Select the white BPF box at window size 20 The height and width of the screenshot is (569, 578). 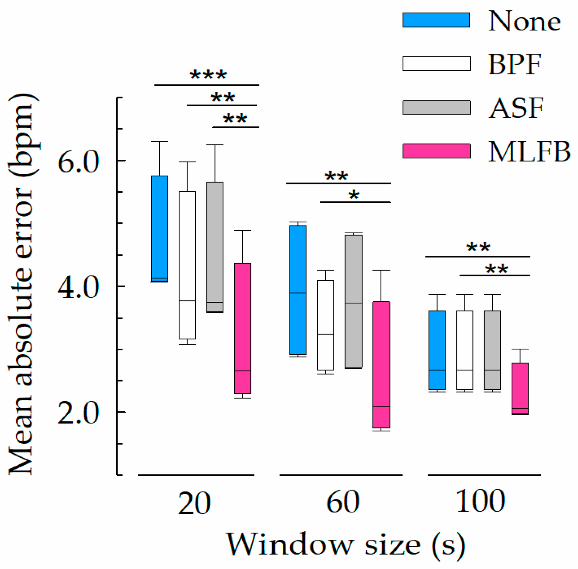click(187, 265)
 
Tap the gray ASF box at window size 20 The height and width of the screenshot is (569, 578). click(215, 247)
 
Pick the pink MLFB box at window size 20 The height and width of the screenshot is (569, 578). click(242, 328)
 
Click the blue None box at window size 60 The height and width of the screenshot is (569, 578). click(298, 290)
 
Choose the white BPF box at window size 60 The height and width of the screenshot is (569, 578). click(325, 325)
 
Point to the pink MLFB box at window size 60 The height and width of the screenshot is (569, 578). click(381, 365)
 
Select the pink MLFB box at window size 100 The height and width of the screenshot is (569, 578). click(520, 388)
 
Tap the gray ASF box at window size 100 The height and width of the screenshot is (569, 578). click(492, 350)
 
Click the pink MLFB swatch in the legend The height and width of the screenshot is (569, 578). click(436, 151)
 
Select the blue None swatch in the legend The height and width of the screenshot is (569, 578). click(436, 20)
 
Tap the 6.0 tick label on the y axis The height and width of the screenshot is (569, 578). click(79, 161)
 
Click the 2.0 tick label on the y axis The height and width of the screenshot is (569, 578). click(79, 413)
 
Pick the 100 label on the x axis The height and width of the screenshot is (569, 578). click(480, 501)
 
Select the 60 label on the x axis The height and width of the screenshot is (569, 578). click(342, 501)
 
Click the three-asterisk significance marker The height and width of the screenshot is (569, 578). click(208, 76)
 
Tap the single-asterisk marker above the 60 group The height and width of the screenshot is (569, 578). click(354, 195)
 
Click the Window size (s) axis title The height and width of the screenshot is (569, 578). click(346, 545)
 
